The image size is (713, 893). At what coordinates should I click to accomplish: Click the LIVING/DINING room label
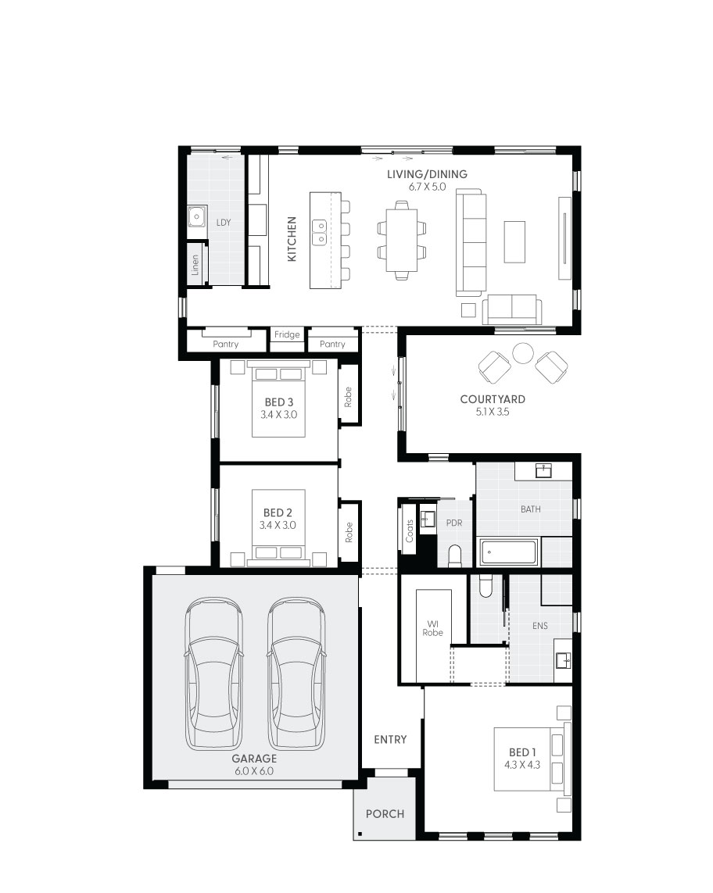(x=427, y=174)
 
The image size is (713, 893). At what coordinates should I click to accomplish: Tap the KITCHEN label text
(x=292, y=238)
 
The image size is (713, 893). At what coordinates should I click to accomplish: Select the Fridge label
(x=287, y=335)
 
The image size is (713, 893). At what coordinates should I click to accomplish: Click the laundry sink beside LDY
(x=196, y=216)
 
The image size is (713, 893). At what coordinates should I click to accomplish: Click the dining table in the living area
(x=402, y=239)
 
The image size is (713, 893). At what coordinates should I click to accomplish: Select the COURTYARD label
(x=493, y=399)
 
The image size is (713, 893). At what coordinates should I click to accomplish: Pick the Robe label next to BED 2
(x=349, y=532)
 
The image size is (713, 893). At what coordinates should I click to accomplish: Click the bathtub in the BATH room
(x=508, y=552)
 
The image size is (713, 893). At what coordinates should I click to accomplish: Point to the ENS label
(x=540, y=626)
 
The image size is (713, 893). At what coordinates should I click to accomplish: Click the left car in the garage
(x=213, y=673)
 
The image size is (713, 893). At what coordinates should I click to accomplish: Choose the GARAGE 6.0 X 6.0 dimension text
(x=254, y=771)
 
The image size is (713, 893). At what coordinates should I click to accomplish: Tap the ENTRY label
(x=390, y=739)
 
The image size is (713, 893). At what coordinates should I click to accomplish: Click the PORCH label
(x=385, y=814)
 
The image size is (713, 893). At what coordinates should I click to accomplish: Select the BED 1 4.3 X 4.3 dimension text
(x=522, y=765)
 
